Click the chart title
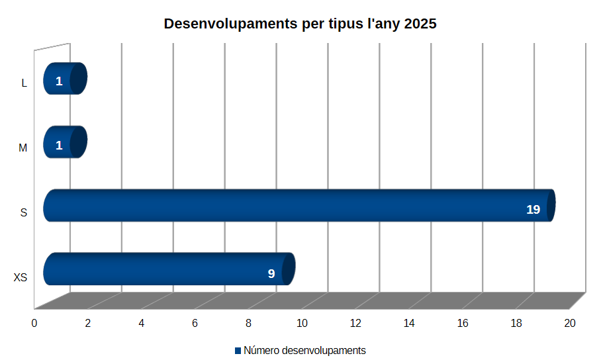click(300, 24)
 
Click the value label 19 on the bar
click(533, 210)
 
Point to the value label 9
click(271, 273)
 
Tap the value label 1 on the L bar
click(59, 81)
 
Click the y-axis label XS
click(21, 278)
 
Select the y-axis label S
click(24, 213)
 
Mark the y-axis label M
click(23, 148)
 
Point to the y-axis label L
click(24, 83)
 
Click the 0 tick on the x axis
click(34, 323)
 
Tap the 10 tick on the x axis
click(302, 323)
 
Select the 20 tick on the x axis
click(570, 323)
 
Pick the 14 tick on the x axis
click(409, 323)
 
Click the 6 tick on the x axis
click(195, 323)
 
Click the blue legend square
click(238, 350)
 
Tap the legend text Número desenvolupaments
click(304, 350)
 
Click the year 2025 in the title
click(418, 24)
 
